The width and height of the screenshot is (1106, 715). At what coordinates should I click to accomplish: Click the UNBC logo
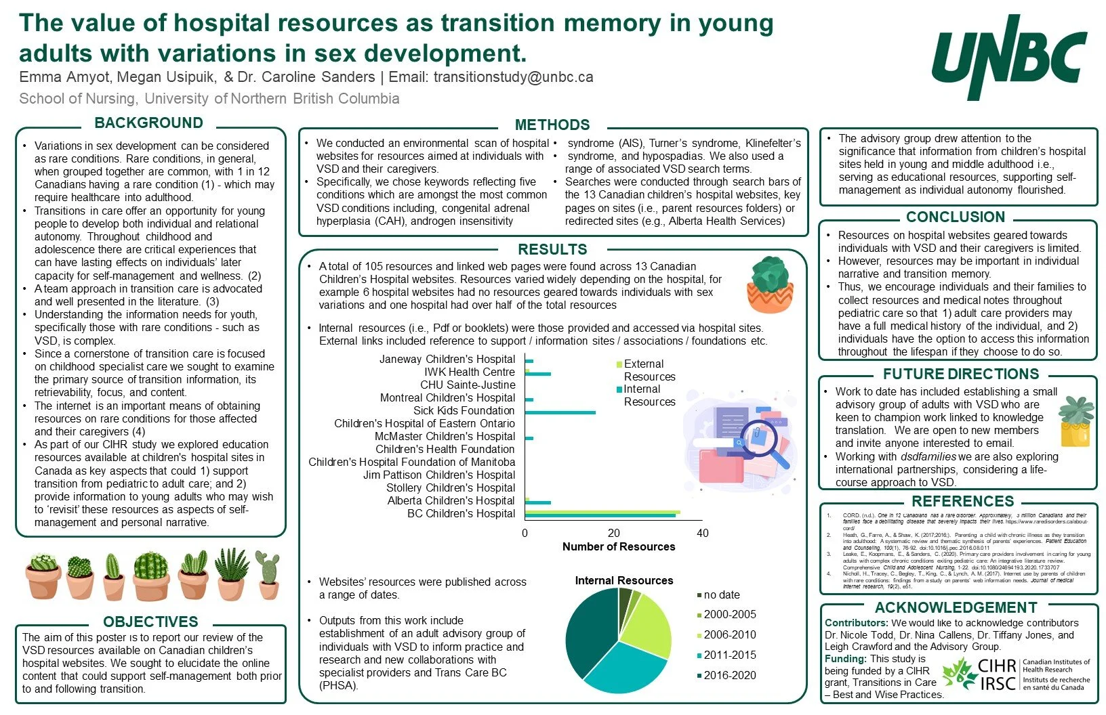[x=1009, y=58]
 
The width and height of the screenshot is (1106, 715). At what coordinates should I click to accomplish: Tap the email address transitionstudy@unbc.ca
[x=513, y=77]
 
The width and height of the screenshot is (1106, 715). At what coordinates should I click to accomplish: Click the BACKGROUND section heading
[x=148, y=123]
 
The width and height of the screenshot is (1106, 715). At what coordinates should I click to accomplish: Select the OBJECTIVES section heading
[x=150, y=622]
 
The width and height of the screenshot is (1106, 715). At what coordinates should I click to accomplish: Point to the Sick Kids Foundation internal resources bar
[x=560, y=412]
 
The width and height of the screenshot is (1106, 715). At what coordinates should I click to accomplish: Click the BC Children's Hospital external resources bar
[x=602, y=512]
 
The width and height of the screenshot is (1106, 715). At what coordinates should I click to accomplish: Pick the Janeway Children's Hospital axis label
[x=447, y=359]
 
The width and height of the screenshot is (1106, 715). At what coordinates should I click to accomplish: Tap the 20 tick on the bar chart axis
[x=614, y=533]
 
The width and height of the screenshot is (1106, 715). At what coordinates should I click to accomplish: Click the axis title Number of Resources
[x=619, y=546]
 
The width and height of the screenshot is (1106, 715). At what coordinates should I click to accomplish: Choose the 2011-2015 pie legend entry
[x=729, y=655]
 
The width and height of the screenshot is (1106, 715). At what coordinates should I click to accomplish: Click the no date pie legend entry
[x=721, y=594]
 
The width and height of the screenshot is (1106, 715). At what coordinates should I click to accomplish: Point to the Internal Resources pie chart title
[x=624, y=580]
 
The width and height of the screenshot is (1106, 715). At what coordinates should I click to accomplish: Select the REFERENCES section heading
[x=962, y=501]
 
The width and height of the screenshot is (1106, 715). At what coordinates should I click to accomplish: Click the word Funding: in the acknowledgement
[x=846, y=658]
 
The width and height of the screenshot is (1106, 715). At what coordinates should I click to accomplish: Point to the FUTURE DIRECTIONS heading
[x=961, y=374]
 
